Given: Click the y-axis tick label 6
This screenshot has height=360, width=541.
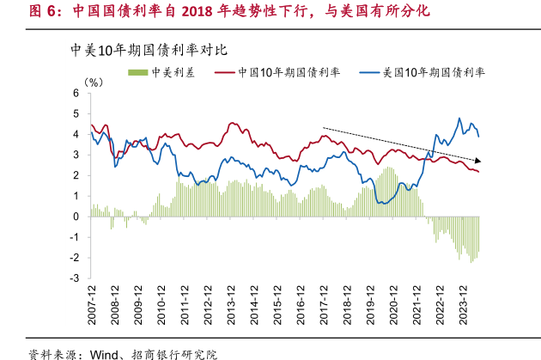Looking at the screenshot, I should [76, 93].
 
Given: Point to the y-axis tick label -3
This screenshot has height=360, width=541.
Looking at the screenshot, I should [75, 278].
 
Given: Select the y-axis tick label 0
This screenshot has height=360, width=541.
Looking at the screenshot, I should [76, 217].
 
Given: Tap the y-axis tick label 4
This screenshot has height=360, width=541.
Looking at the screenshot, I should [76, 134].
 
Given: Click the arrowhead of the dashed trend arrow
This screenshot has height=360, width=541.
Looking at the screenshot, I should [478, 160].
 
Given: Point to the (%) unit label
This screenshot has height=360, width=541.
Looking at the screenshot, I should [94, 82].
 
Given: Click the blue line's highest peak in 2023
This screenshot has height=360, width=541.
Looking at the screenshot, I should [459, 119].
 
